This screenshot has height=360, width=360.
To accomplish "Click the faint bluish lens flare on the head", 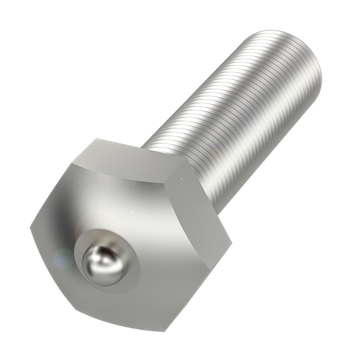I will (x=62, y=258).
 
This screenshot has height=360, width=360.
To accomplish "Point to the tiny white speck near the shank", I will (x=181, y=177).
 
